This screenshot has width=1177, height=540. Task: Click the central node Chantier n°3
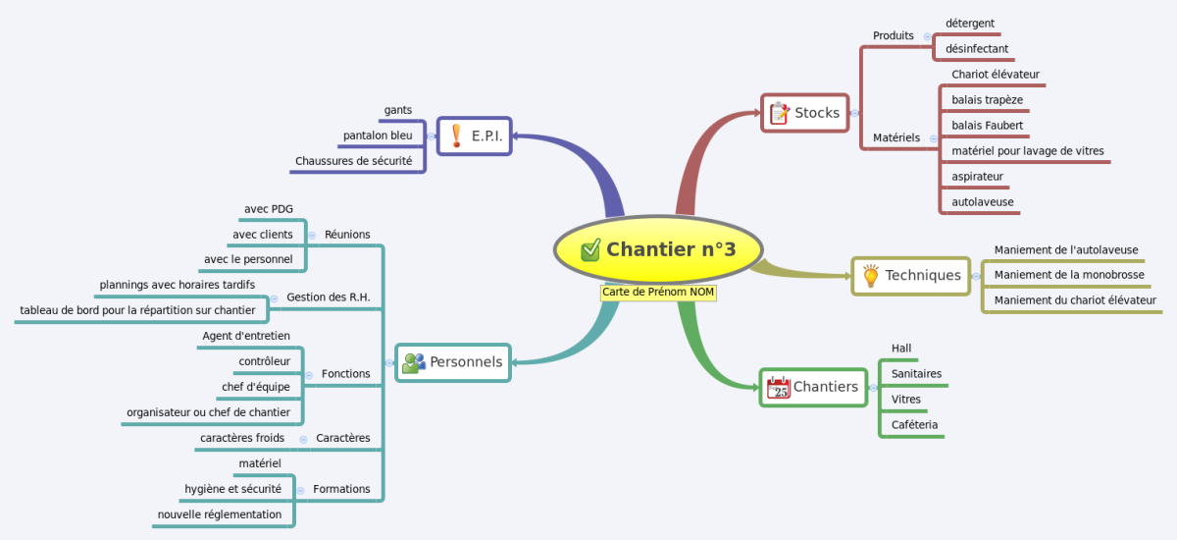pos(658,249)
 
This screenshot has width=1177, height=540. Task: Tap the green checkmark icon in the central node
pos(590,249)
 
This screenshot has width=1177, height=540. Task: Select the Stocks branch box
pos(805,113)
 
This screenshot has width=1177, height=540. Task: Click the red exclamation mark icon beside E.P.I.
pos(457,135)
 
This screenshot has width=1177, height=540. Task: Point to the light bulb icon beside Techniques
pos(870,276)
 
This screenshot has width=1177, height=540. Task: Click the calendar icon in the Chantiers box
pos(778,388)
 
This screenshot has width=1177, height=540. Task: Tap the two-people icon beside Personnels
pos(414,362)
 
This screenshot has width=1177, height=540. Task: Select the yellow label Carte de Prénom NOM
pos(658,293)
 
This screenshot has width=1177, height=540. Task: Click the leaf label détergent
pos(970,24)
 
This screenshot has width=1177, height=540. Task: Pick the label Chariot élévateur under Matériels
pos(996,75)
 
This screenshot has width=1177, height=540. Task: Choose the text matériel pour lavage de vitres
pos(1028,151)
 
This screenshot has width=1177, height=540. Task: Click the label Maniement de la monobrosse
pos(1069,275)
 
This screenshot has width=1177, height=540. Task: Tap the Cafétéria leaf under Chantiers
pos(914,424)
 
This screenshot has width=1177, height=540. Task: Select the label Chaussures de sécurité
pos(354,161)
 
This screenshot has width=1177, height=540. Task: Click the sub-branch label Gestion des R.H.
pos(329,297)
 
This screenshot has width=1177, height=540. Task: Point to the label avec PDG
pos(269,209)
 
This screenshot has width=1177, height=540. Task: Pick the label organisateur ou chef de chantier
pos(208,412)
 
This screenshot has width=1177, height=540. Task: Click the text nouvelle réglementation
pos(220,514)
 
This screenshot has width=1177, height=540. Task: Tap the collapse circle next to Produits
pos(928,36)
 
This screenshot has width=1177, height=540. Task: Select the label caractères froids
pos(242,438)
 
